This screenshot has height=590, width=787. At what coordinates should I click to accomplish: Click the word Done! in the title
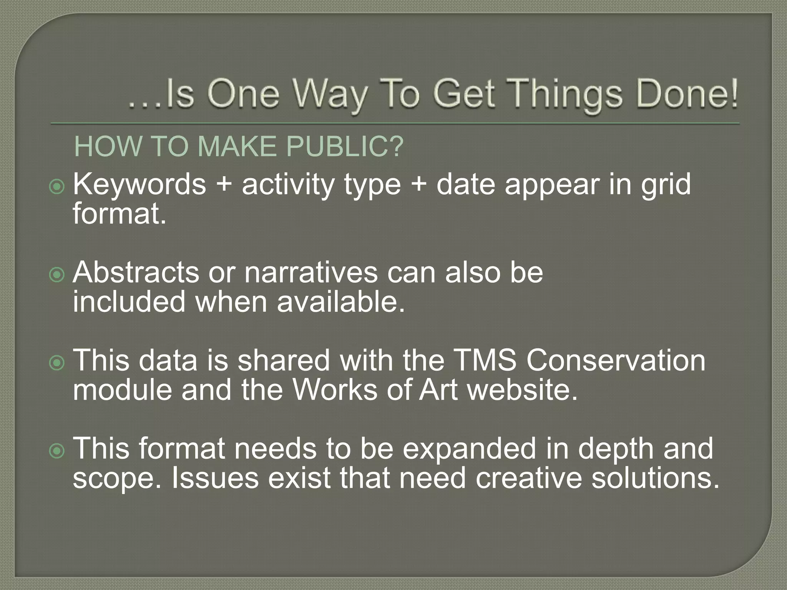687,94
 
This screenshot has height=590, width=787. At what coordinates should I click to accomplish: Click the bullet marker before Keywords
57,187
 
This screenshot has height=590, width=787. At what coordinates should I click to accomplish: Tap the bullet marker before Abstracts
57,275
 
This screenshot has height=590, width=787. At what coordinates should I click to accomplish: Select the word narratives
311,272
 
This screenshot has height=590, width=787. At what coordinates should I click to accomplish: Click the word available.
341,302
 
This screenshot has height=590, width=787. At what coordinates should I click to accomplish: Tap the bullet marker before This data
57,363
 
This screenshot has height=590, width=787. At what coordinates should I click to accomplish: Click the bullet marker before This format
57,451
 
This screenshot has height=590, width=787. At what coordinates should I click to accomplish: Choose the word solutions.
655,478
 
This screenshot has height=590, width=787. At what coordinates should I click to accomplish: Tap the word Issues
215,478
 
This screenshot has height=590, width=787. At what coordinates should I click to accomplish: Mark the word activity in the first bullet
288,185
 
